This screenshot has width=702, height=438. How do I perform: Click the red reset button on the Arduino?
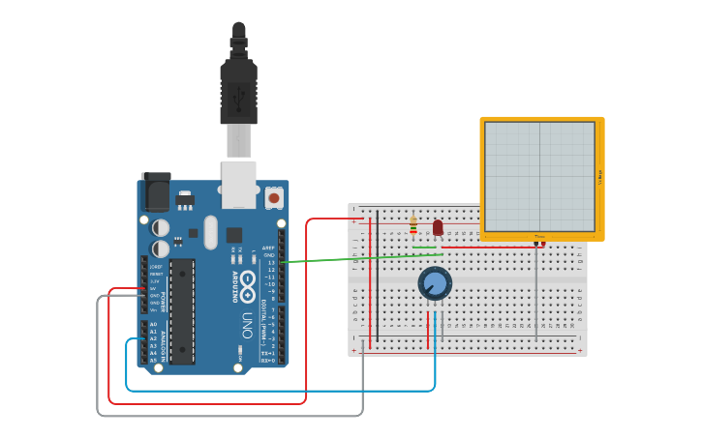(274, 198)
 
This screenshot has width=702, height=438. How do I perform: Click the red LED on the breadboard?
(438, 227)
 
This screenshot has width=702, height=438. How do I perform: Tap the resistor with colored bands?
(413, 224)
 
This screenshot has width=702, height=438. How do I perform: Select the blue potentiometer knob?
(435, 283)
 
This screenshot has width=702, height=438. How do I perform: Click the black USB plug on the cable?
(238, 92)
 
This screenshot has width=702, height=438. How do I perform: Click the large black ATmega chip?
(182, 311)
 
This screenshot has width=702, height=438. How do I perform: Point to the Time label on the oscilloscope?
(539, 236)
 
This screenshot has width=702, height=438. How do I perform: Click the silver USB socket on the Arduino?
(238, 184)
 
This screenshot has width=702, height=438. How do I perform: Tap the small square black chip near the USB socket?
(234, 234)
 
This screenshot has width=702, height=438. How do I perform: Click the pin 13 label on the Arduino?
(272, 262)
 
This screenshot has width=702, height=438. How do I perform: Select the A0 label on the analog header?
(153, 324)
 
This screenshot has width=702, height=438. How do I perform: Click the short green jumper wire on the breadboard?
(424, 248)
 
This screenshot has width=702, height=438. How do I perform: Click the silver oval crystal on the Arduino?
(211, 232)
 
